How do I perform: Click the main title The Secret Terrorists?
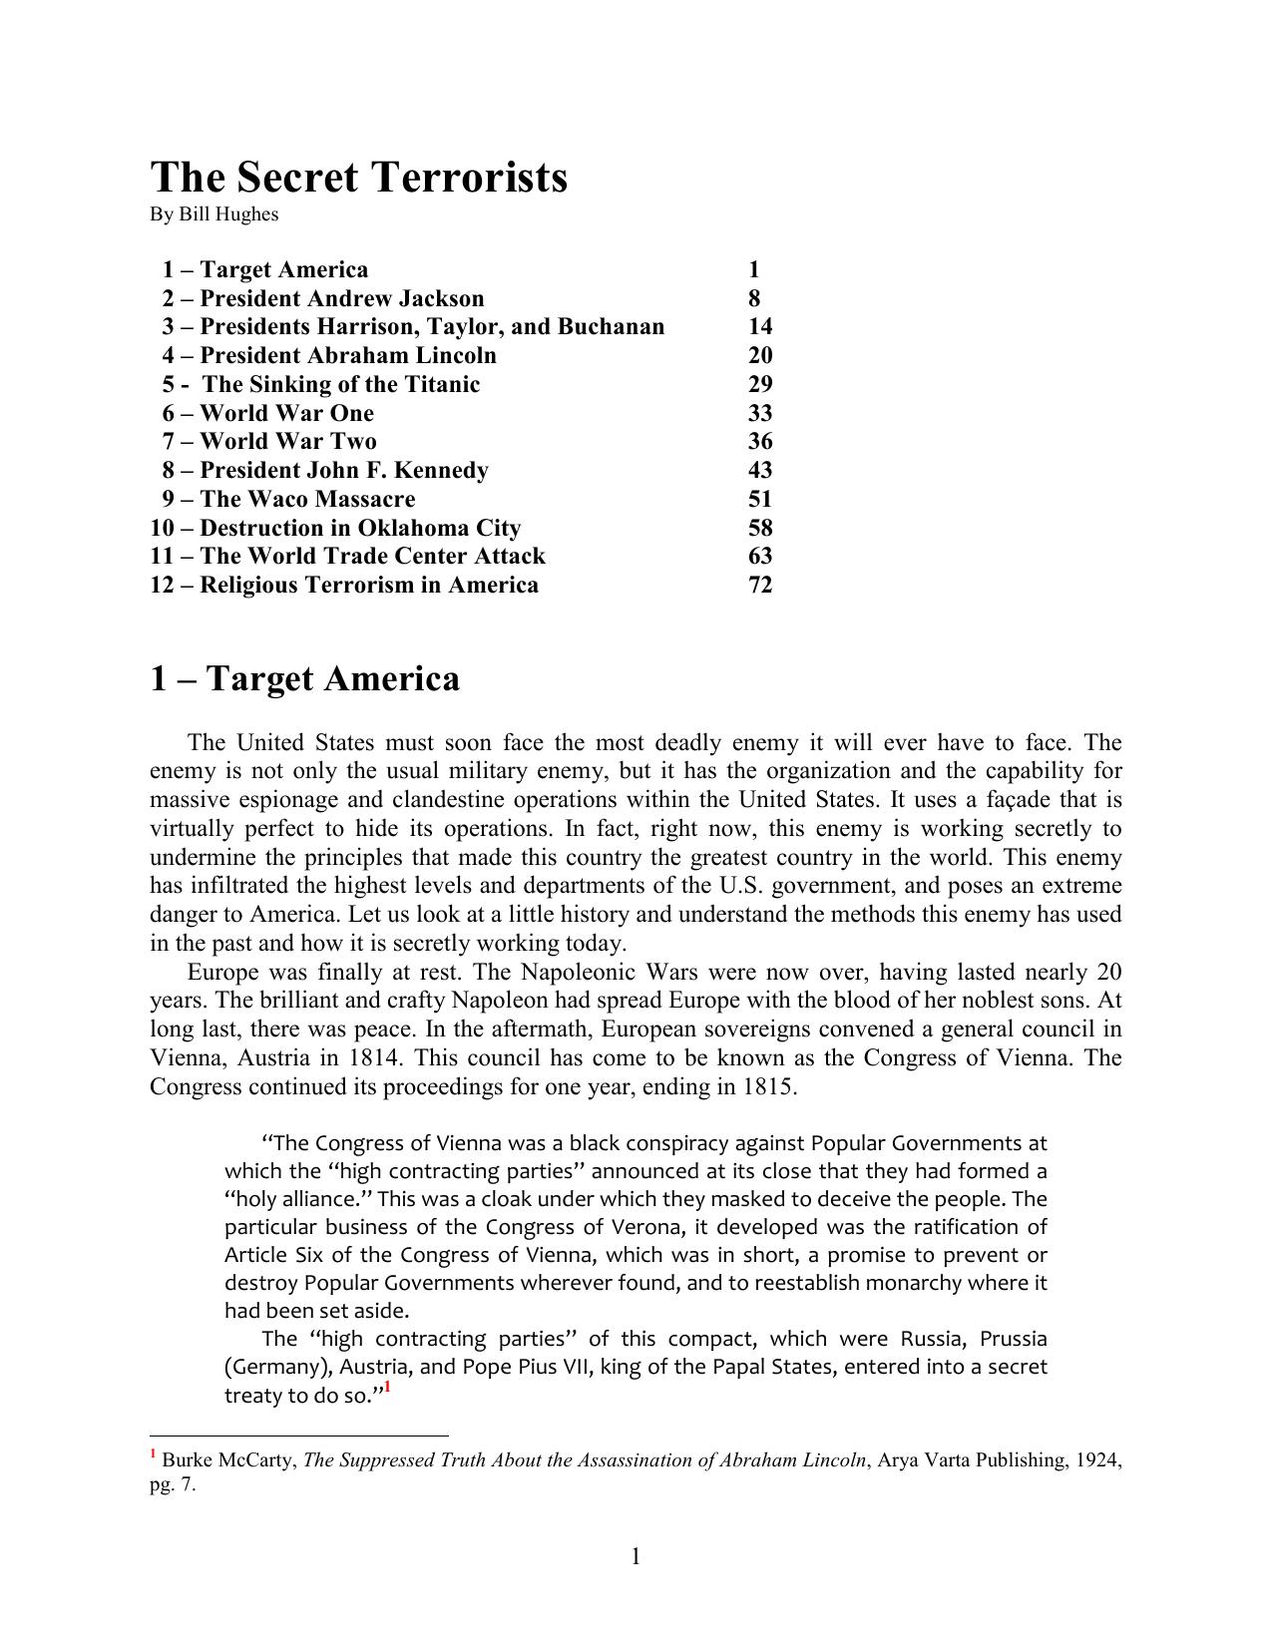(358, 178)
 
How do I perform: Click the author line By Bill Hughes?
(213, 214)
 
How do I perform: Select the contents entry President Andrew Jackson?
(323, 298)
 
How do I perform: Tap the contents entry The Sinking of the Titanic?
(321, 384)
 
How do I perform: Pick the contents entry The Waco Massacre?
(288, 499)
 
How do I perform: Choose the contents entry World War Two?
(269, 441)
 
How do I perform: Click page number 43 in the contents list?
(760, 470)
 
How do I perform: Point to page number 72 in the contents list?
(760, 585)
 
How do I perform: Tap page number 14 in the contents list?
(760, 326)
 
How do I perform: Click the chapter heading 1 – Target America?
(304, 678)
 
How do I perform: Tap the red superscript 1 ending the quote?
(387, 1388)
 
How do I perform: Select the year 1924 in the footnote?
(1097, 1460)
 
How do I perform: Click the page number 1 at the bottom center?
(636, 1556)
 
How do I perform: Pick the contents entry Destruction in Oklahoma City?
(335, 528)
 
